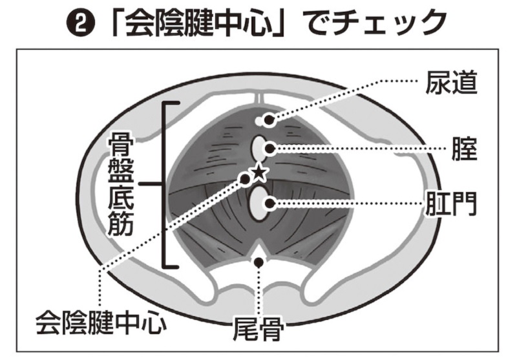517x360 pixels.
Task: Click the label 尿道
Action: tap(451, 82)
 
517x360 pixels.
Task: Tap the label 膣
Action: tap(465, 150)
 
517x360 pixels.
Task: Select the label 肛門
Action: tap(451, 203)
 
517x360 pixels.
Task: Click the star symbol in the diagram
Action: tap(258, 172)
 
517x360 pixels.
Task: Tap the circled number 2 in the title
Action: tap(87, 24)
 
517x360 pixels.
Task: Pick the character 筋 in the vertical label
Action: tap(121, 224)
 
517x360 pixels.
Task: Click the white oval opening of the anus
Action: tap(259, 204)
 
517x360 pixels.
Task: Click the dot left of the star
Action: tap(245, 176)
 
